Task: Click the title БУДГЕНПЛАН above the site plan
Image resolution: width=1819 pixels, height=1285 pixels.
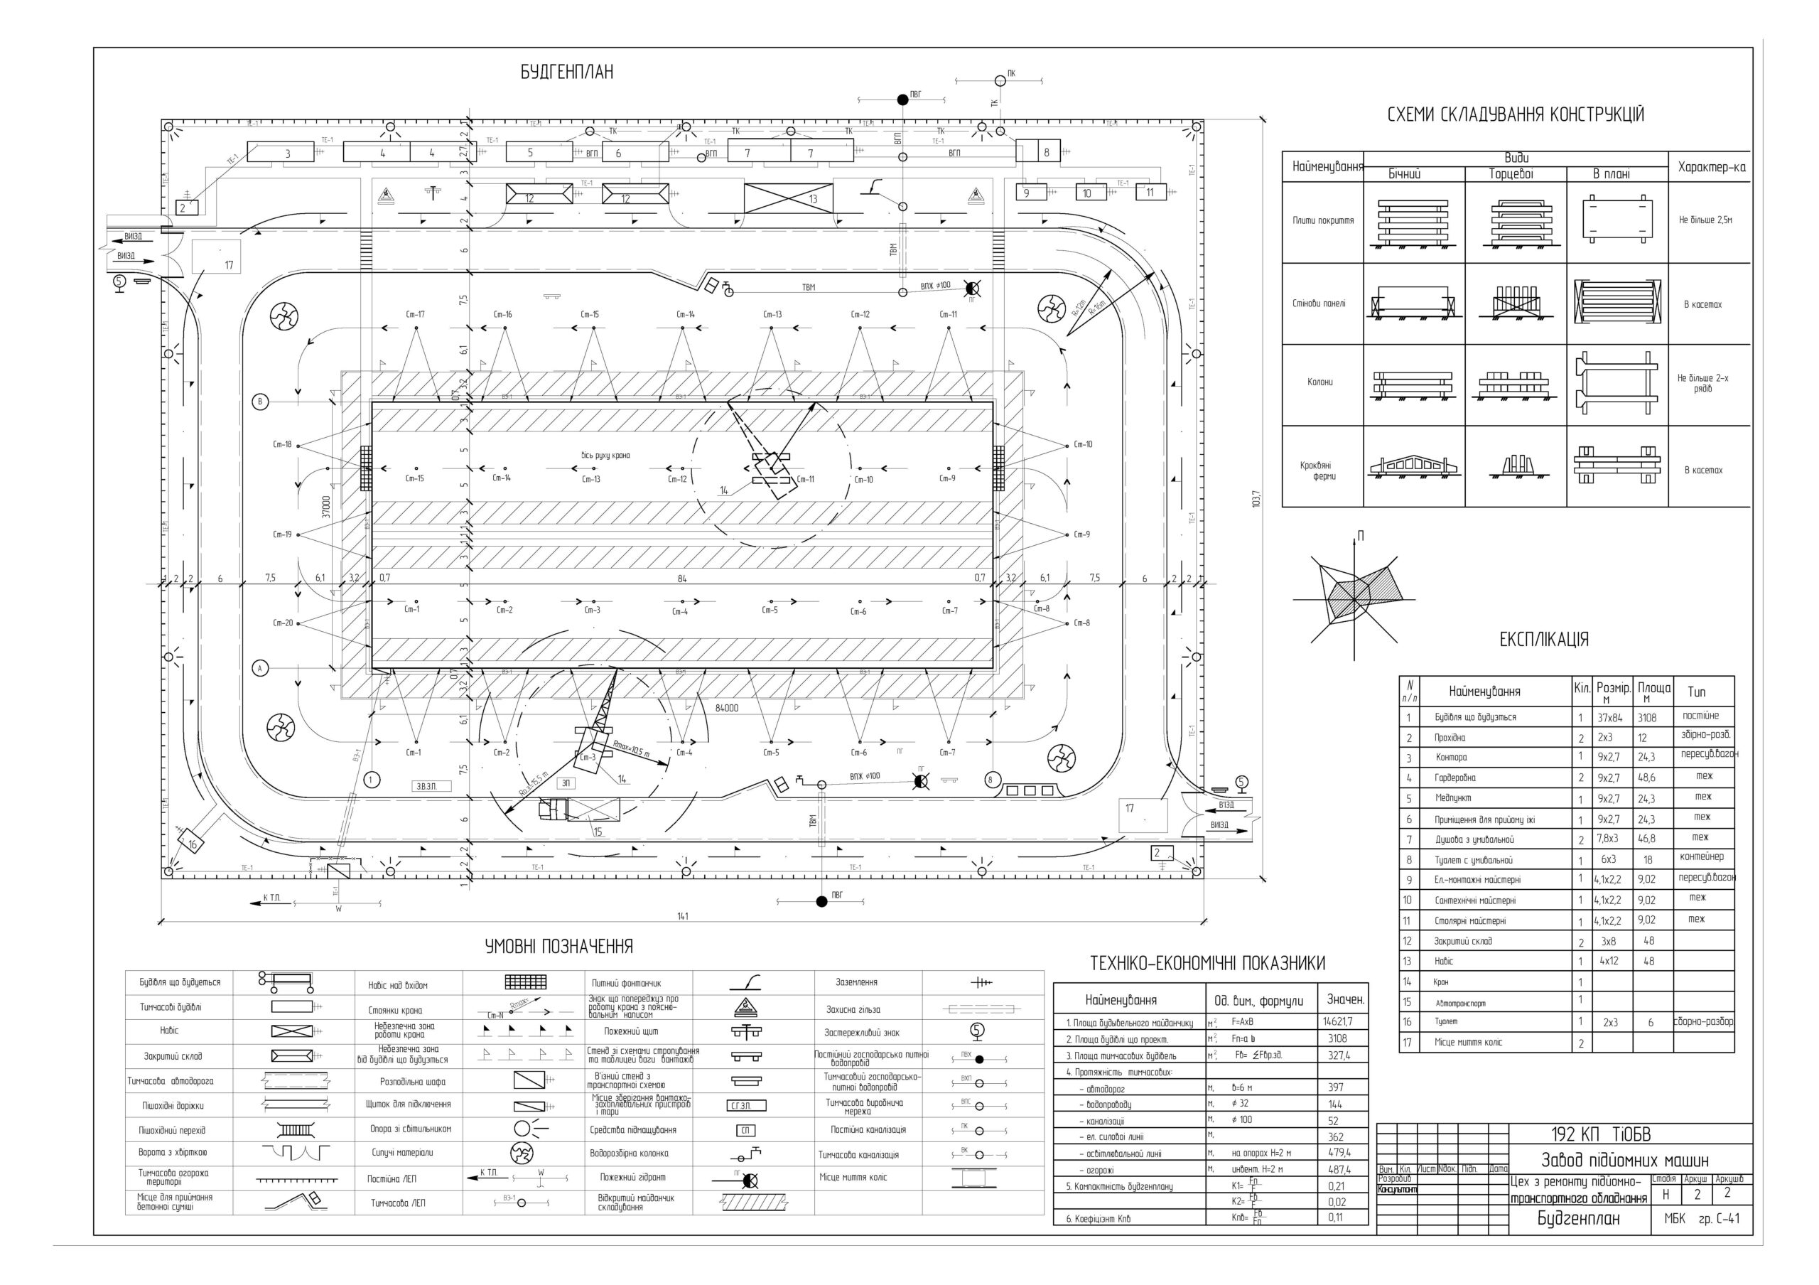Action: [x=566, y=72]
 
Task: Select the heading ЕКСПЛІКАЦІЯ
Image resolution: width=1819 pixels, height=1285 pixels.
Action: [x=1543, y=640]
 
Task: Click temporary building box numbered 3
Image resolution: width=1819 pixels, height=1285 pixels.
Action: [x=287, y=153]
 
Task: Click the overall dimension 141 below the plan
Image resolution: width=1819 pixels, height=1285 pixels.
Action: [x=682, y=916]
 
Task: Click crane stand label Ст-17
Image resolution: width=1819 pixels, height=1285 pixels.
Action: [x=415, y=315]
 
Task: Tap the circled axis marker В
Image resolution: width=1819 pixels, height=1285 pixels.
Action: [x=260, y=402]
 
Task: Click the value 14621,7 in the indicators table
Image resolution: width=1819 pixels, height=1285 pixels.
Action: [x=1337, y=1022]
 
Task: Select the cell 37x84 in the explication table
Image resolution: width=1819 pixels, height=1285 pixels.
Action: [x=1610, y=718]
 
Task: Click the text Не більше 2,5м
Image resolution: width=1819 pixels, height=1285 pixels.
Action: [x=1705, y=220]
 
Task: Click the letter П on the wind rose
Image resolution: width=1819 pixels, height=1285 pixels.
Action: [x=1360, y=537]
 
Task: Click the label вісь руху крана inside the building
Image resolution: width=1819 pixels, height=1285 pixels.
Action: [x=605, y=456]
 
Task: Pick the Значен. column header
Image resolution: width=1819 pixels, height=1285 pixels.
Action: [x=1344, y=1000]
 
